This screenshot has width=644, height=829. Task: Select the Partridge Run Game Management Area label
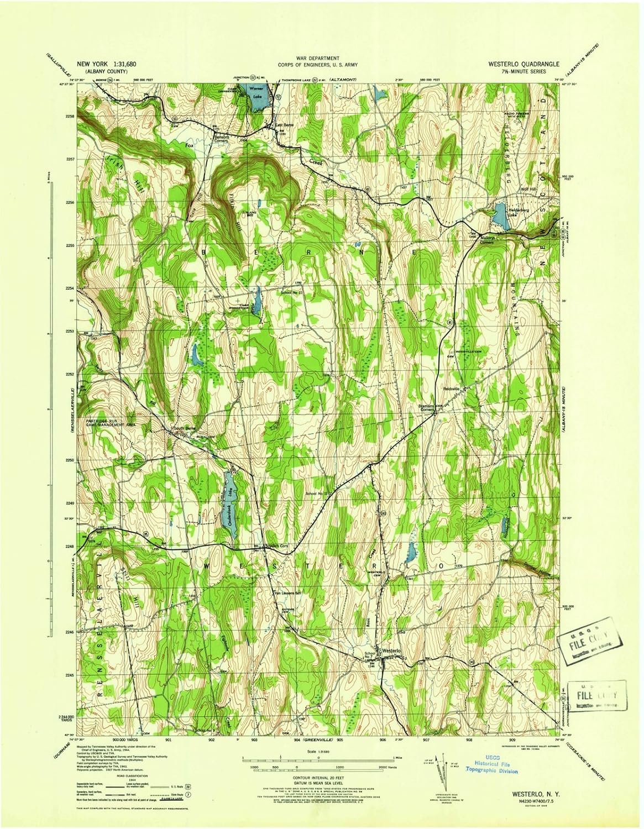tap(111, 422)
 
